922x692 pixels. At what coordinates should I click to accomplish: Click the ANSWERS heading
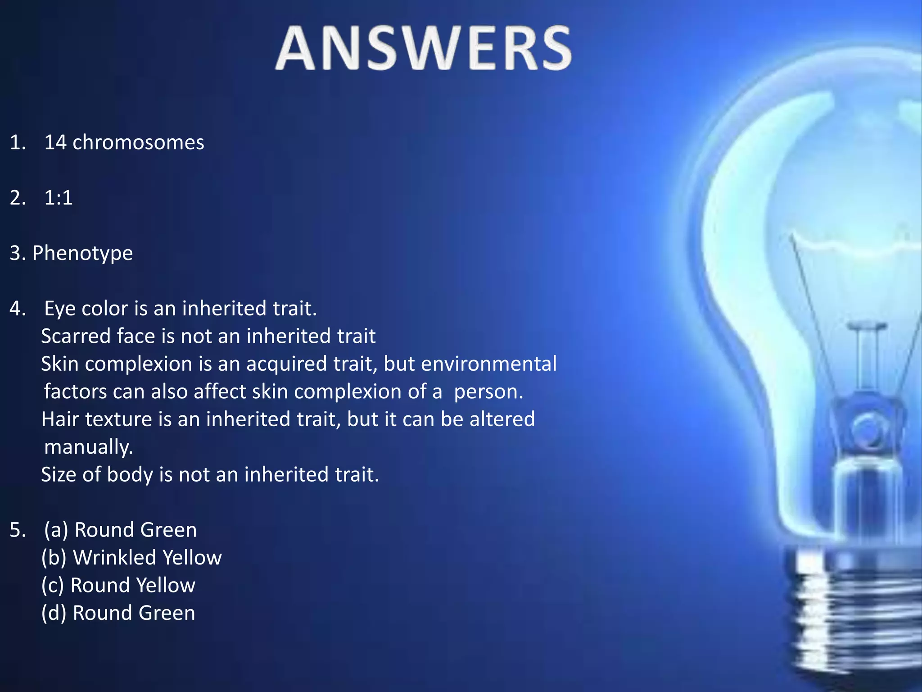tap(423, 49)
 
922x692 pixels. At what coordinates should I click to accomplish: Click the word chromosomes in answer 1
tap(138, 142)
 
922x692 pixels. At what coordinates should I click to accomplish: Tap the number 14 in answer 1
tap(55, 142)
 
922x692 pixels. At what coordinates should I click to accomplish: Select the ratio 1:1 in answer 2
tap(59, 198)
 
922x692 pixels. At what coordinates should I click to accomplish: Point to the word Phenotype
tap(82, 253)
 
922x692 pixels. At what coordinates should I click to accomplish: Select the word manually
tap(88, 447)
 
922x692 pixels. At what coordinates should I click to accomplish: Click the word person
tap(488, 392)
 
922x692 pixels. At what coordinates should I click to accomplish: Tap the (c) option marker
tap(53, 586)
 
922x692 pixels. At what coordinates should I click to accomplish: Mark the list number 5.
tap(17, 530)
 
